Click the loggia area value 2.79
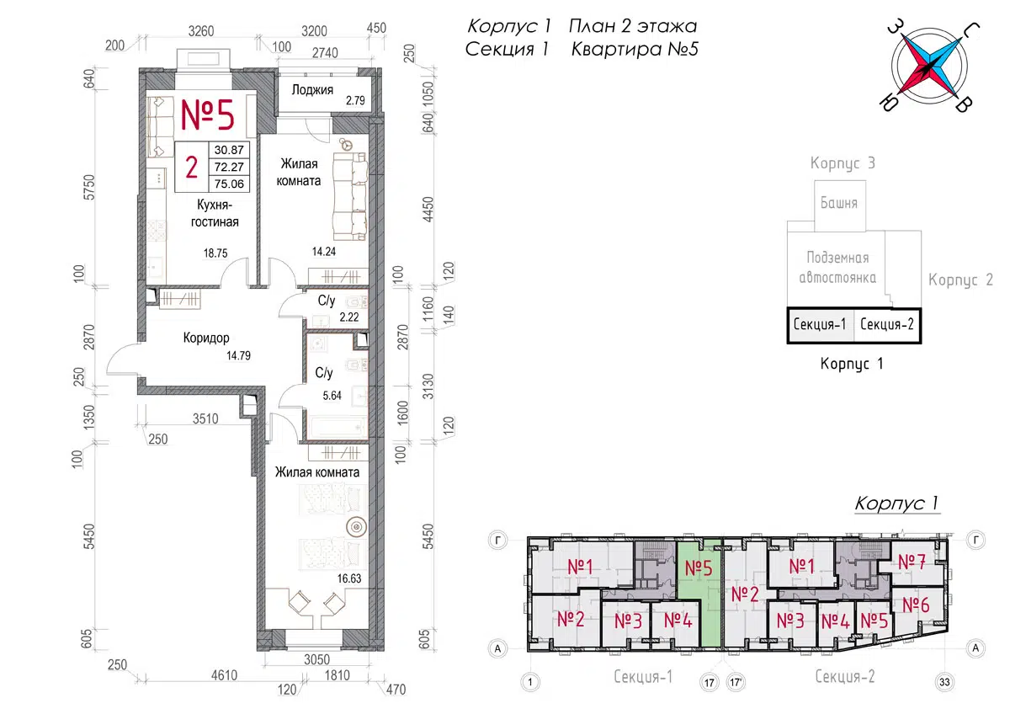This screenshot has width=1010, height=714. tap(355, 100)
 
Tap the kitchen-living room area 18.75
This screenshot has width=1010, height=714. tap(215, 253)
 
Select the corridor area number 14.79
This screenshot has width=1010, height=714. tap(238, 355)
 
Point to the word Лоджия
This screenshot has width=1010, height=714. tap(312, 90)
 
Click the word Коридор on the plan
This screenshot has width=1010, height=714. tap(206, 338)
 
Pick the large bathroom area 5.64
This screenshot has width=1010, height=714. tap(332, 396)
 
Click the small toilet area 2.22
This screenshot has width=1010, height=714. tap(349, 317)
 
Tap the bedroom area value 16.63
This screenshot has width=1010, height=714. tap(349, 578)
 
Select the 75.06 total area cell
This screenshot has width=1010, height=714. tap(229, 184)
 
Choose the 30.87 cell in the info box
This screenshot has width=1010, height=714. tap(229, 150)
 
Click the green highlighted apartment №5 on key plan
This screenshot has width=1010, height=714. tap(699, 586)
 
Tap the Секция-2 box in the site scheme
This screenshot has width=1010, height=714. tap(887, 324)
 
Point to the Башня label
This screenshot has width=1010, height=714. tap(838, 203)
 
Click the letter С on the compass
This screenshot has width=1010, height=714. tap(970, 31)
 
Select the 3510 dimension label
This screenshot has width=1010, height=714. tap(205, 419)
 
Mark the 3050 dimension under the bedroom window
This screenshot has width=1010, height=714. tap(316, 659)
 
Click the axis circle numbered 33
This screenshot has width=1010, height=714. tap(944, 681)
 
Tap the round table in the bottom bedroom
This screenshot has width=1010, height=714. tap(356, 527)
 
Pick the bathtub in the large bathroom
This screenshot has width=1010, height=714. tap(338, 428)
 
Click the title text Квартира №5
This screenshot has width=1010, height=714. tap(635, 49)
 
